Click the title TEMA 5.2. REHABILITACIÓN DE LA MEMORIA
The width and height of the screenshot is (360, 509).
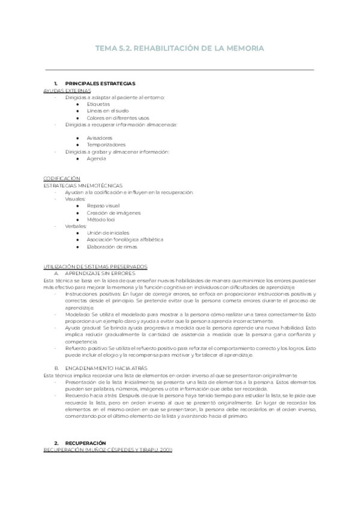click(180, 48)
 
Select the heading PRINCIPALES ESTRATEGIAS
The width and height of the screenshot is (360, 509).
click(100, 83)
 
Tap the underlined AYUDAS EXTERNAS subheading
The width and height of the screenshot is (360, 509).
click(67, 90)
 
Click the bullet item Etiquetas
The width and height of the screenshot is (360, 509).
click(98, 104)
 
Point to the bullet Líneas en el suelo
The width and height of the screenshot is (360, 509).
click(107, 111)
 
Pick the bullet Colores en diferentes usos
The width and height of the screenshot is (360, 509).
click(118, 118)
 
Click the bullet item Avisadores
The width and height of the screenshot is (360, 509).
click(100, 138)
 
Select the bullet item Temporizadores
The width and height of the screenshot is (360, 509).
click(106, 145)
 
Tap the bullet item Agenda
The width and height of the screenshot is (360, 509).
click(97, 158)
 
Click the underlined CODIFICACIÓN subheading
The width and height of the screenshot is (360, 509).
click(62, 179)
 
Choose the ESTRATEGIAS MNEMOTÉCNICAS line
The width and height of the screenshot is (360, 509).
click(79, 185)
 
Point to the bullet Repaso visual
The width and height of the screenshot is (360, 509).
click(103, 206)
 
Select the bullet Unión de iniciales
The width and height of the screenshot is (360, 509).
click(107, 233)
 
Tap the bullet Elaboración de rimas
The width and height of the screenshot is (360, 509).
click(112, 247)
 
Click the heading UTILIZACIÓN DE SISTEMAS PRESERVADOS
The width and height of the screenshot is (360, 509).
click(95, 267)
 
